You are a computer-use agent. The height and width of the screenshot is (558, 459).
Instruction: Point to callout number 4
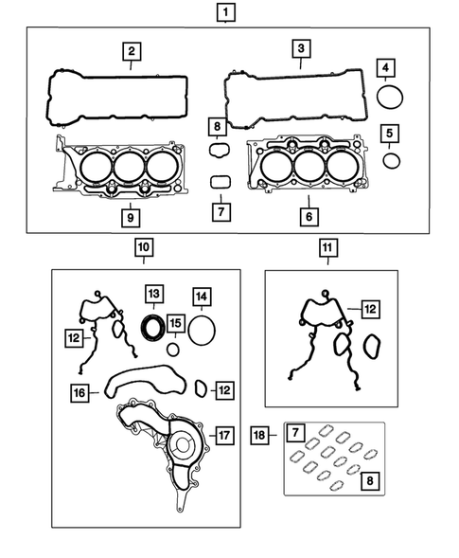386,68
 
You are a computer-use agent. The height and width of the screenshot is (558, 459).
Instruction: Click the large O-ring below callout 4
389,98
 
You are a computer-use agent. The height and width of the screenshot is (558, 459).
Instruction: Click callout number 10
142,249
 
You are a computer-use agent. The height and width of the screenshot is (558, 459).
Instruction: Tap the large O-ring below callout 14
201,332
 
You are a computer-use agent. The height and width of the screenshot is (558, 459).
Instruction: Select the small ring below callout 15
172,349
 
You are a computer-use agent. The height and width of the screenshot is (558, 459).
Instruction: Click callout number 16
80,389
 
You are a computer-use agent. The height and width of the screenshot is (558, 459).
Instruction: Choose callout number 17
223,436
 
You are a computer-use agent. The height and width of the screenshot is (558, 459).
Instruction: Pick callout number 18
260,435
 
